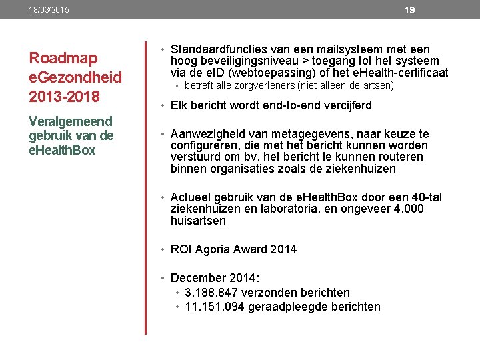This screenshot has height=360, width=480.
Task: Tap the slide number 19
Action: click(x=410, y=10)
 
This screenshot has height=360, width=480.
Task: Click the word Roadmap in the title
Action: click(x=63, y=58)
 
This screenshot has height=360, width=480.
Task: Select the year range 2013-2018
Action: click(x=64, y=97)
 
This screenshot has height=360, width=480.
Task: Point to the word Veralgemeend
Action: click(x=70, y=121)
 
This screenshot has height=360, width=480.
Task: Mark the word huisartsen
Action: click(x=198, y=221)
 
